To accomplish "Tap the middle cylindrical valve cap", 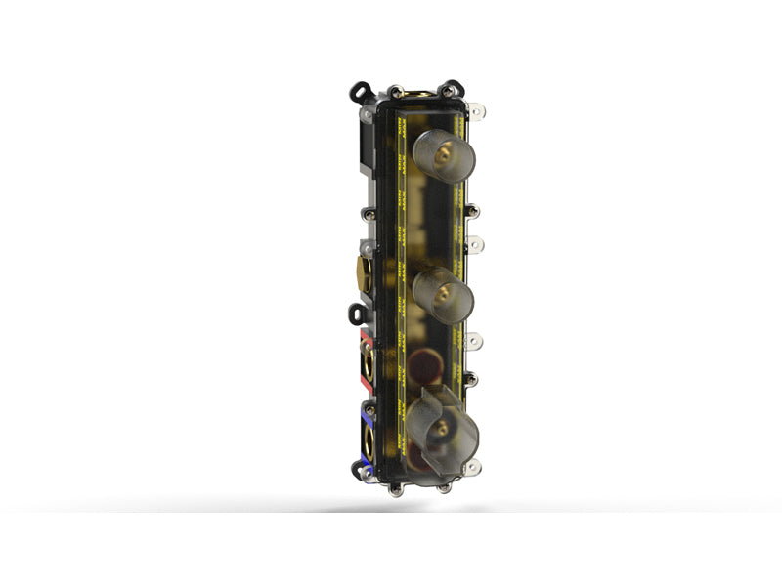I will [443, 293].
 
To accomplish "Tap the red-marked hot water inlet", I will [369, 362].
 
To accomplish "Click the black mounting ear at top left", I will [362, 92].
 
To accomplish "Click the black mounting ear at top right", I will [453, 89].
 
